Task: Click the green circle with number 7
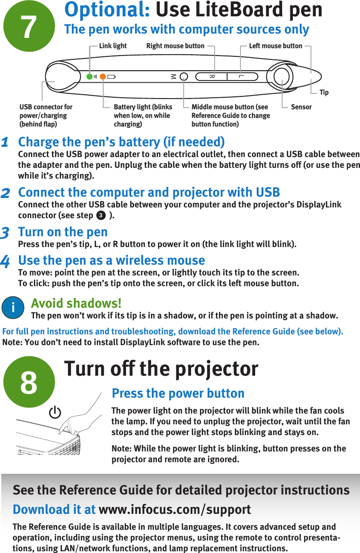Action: [x=29, y=26]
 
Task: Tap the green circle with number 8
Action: [x=29, y=382]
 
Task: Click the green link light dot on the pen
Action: [x=89, y=77]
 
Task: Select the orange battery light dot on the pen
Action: [x=103, y=77]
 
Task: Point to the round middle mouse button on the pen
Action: [x=184, y=77]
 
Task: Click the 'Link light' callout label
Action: [x=113, y=46]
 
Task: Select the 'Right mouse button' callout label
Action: [x=175, y=46]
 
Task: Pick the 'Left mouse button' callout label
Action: [x=276, y=46]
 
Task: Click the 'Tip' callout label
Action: [x=324, y=93]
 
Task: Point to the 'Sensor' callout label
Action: [x=301, y=107]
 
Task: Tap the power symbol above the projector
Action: [x=55, y=414]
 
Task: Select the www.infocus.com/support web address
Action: [x=175, y=510]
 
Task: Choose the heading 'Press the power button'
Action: [x=178, y=393]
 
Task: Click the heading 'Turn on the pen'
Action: [x=63, y=232]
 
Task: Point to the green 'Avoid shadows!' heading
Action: [x=76, y=303]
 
